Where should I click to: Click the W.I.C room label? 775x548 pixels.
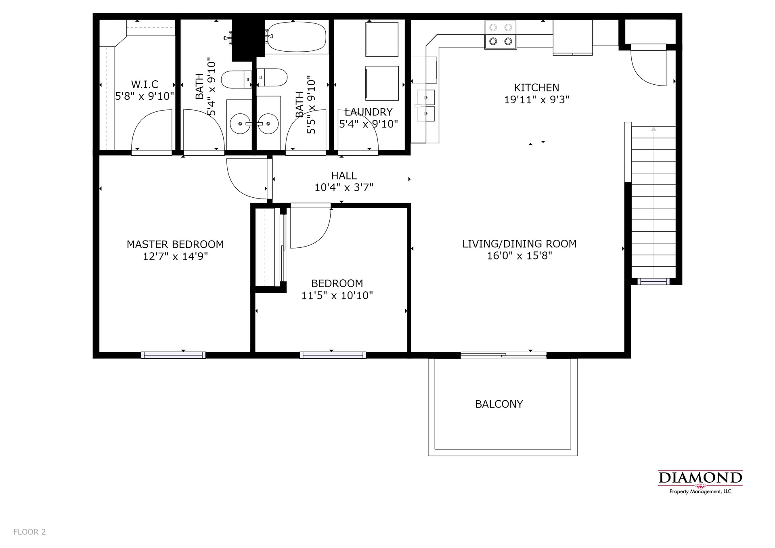pos(145,84)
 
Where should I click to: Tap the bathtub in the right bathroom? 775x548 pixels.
pos(297,37)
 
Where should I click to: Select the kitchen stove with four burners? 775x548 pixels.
pos(501,35)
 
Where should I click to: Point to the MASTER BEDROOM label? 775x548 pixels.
pos(175,244)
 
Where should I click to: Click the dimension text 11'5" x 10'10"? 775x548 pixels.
pos(337,295)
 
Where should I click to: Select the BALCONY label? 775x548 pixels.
pos(499,404)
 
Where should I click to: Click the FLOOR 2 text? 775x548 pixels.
pos(29,532)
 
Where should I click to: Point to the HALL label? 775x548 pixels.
pos(344,176)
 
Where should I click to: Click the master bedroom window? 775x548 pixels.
pos(173,355)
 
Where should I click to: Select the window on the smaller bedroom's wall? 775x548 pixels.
pos(333,355)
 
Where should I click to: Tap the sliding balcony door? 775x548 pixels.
pos(503,355)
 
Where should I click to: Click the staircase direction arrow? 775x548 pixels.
pos(654,129)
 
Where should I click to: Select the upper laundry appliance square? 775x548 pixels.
pos(382,39)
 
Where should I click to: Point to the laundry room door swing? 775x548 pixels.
pos(357,139)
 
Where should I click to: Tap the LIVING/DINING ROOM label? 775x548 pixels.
pos(519,244)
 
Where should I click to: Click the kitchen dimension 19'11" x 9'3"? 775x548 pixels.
pos(536,99)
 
